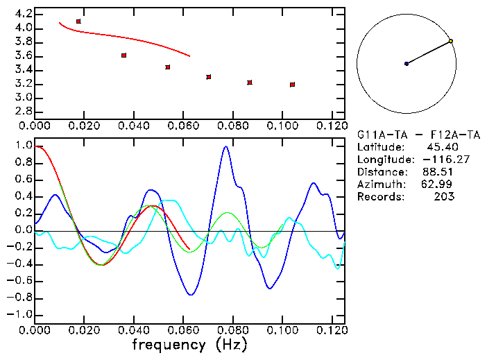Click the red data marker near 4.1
point(78,22)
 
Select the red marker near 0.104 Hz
point(292,85)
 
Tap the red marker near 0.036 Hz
point(123,55)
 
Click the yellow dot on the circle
point(451,42)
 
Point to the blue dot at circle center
point(407,64)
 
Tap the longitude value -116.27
point(437,160)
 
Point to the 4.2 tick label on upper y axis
point(23,14)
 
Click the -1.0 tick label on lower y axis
point(20,315)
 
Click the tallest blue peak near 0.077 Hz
point(225,146)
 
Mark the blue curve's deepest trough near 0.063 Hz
point(191,295)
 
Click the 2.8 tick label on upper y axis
point(23,112)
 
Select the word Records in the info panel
point(379,197)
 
